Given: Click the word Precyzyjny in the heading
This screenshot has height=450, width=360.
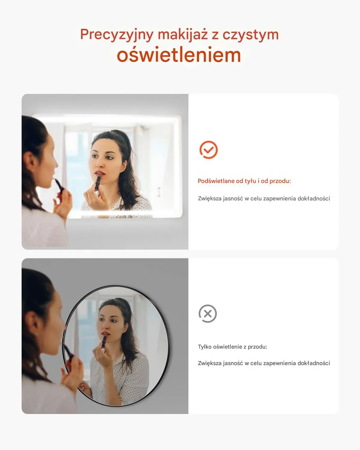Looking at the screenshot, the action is pos(117,35).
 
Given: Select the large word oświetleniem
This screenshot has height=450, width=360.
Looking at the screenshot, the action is pos(179,55).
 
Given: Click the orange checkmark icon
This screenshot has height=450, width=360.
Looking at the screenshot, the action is pos(208,150).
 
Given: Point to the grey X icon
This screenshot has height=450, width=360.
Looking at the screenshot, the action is pos(208,314).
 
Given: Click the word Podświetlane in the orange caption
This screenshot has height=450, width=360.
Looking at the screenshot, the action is pos(216,181).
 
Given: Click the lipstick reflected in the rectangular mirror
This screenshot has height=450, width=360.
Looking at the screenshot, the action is pos(98,183).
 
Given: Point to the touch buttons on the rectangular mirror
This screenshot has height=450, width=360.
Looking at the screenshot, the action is pos(159,192).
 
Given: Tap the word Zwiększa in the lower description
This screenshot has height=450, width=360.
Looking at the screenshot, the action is pos(210,363).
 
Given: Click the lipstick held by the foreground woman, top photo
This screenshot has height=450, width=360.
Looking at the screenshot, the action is pos(59,185).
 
